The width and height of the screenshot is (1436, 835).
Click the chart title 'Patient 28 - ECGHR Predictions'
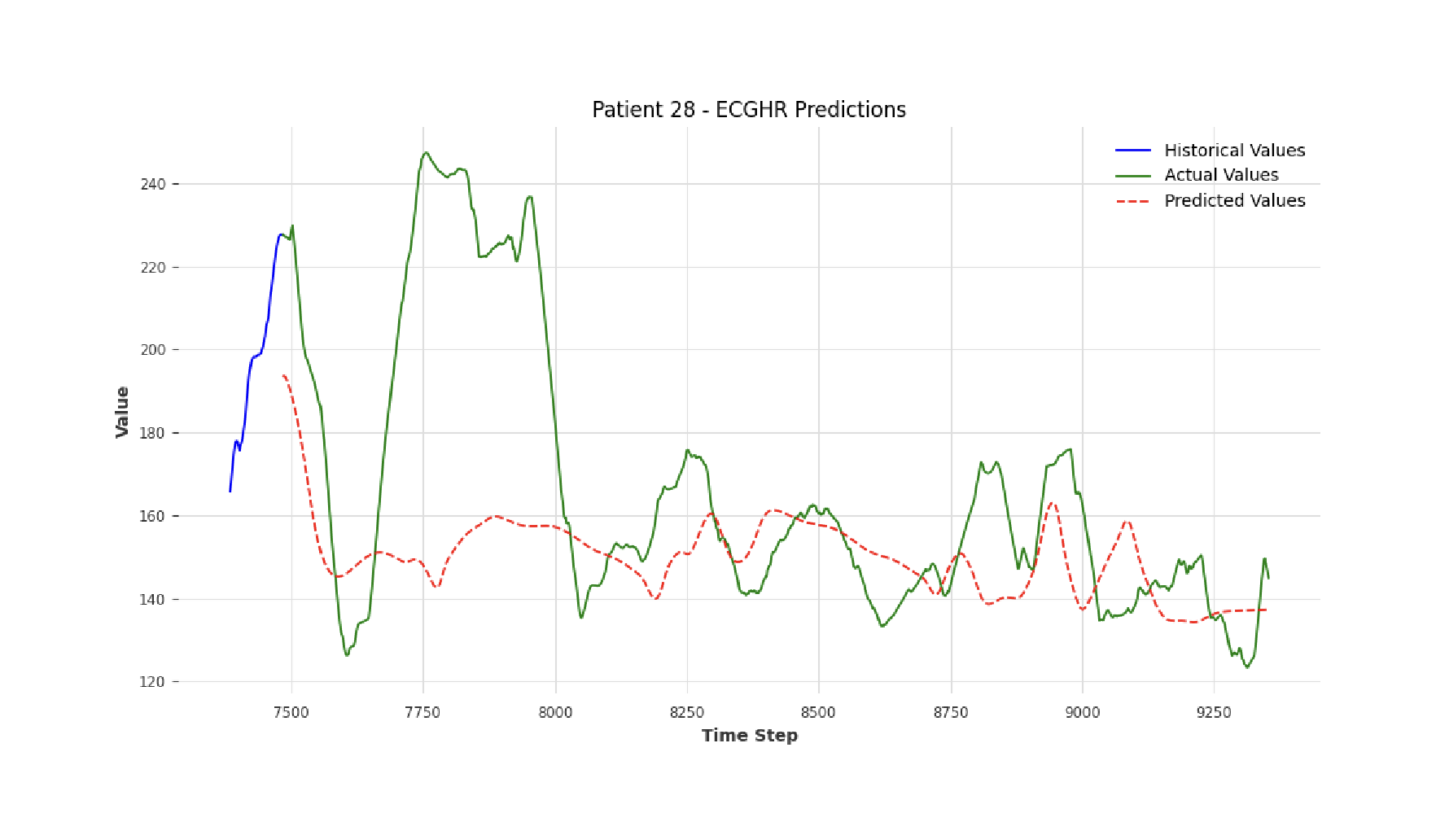click(748, 110)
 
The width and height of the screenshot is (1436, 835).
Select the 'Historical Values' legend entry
click(1234, 151)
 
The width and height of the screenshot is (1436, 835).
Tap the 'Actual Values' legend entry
click(1220, 175)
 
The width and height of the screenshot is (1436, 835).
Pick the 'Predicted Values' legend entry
click(1234, 201)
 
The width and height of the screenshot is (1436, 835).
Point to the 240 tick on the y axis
click(152, 185)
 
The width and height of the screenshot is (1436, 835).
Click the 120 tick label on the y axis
click(152, 682)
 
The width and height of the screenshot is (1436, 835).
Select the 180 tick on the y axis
click(152, 433)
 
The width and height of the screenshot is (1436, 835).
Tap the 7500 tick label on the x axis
click(291, 713)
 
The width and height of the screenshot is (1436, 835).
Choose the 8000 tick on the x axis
click(555, 713)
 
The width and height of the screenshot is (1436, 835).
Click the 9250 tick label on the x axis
click(1214, 713)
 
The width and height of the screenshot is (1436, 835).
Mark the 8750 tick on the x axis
click(950, 713)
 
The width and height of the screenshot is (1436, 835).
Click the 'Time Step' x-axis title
click(749, 736)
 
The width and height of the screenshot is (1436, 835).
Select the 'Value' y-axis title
click(123, 412)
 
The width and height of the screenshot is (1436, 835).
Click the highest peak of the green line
click(425, 152)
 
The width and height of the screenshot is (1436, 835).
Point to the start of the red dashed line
click(282, 375)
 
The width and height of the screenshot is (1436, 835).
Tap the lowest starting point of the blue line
click(230, 491)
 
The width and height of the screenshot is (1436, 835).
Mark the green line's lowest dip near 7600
click(347, 655)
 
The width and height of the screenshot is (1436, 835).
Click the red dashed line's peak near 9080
click(1127, 522)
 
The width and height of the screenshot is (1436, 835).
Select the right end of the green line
click(1267, 578)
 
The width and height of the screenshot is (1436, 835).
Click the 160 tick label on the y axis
click(152, 516)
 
